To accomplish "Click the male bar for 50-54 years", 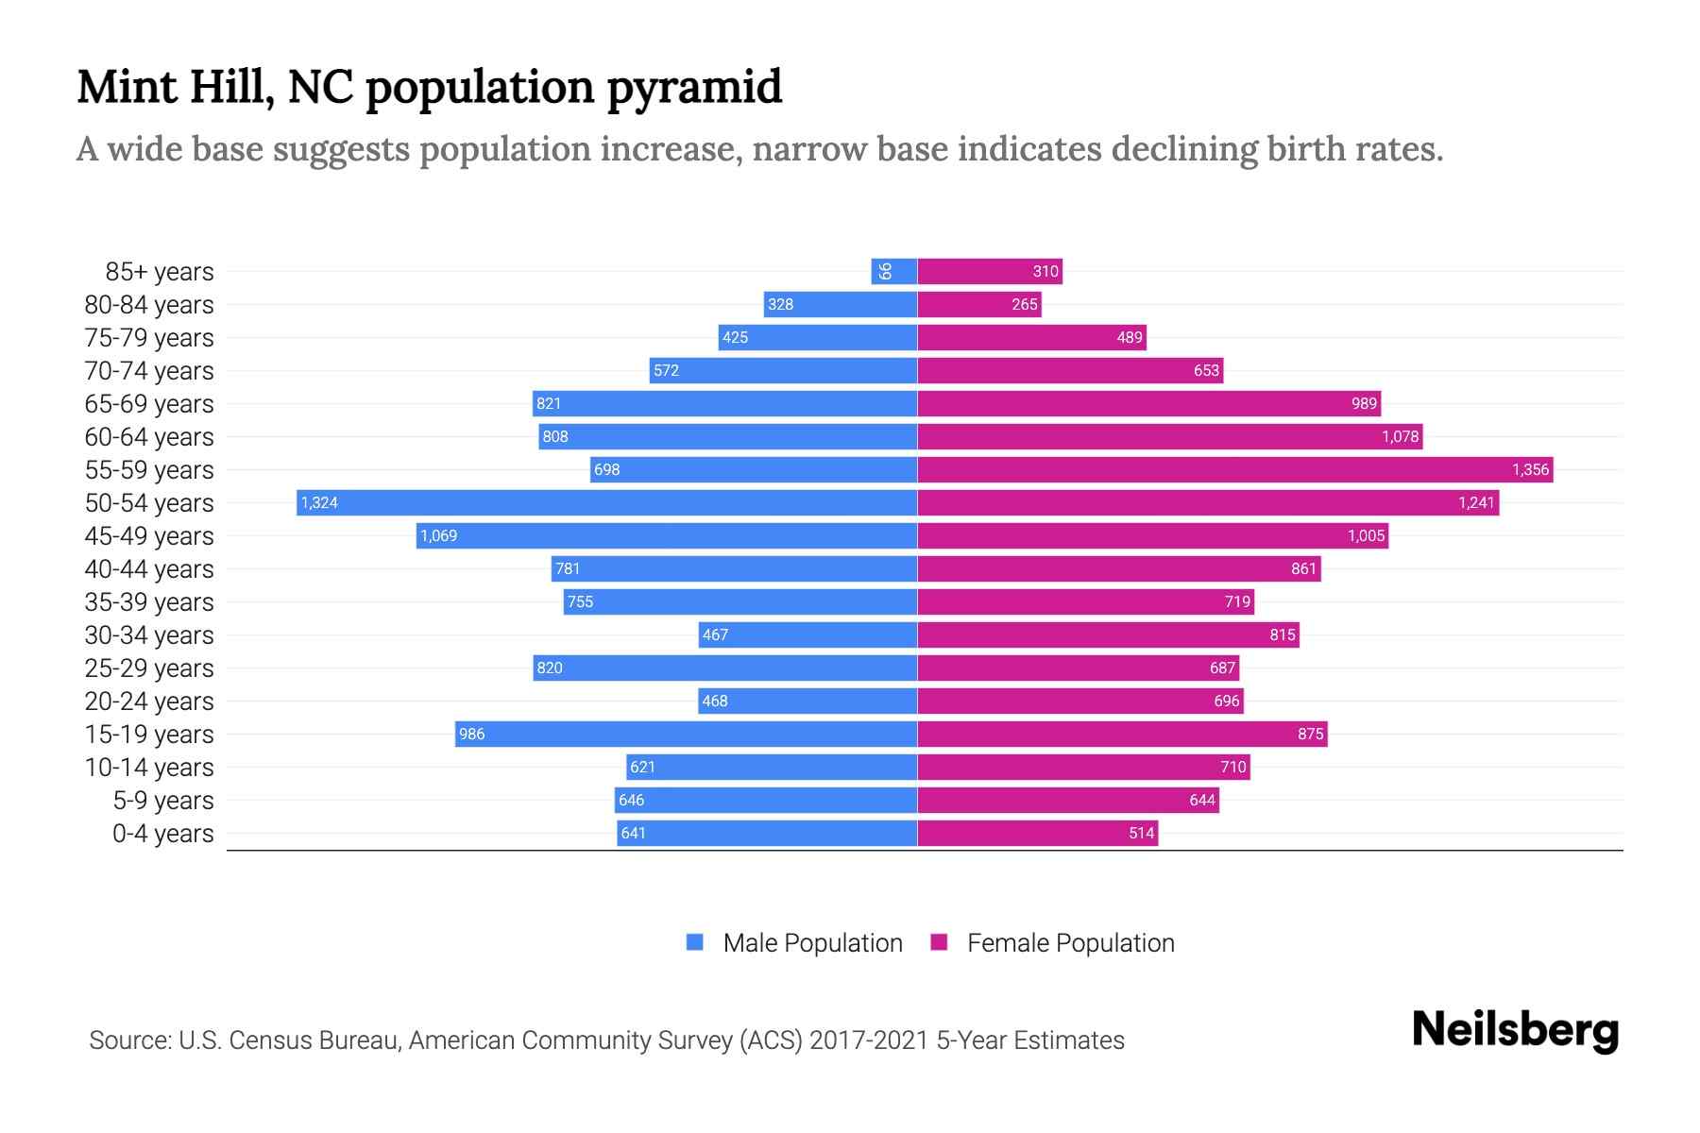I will coord(606,502).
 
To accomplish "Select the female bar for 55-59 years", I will coord(1234,469).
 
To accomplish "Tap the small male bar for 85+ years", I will coord(893,271).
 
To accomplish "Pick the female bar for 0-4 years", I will coord(1037,833).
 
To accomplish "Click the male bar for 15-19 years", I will coord(686,734).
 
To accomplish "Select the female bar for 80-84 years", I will coord(978,304).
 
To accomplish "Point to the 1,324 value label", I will coord(319,502).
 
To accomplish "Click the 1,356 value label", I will coord(1530,469).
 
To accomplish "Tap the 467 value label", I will coord(715,634).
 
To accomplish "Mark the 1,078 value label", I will coord(1400,436).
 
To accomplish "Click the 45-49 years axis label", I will coord(149,535).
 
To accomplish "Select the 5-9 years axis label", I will coord(163,800).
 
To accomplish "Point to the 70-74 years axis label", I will coord(149,370).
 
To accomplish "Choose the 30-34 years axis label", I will coord(149,634).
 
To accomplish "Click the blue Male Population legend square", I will coord(695,942).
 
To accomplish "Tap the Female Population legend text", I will coord(1070,942).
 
